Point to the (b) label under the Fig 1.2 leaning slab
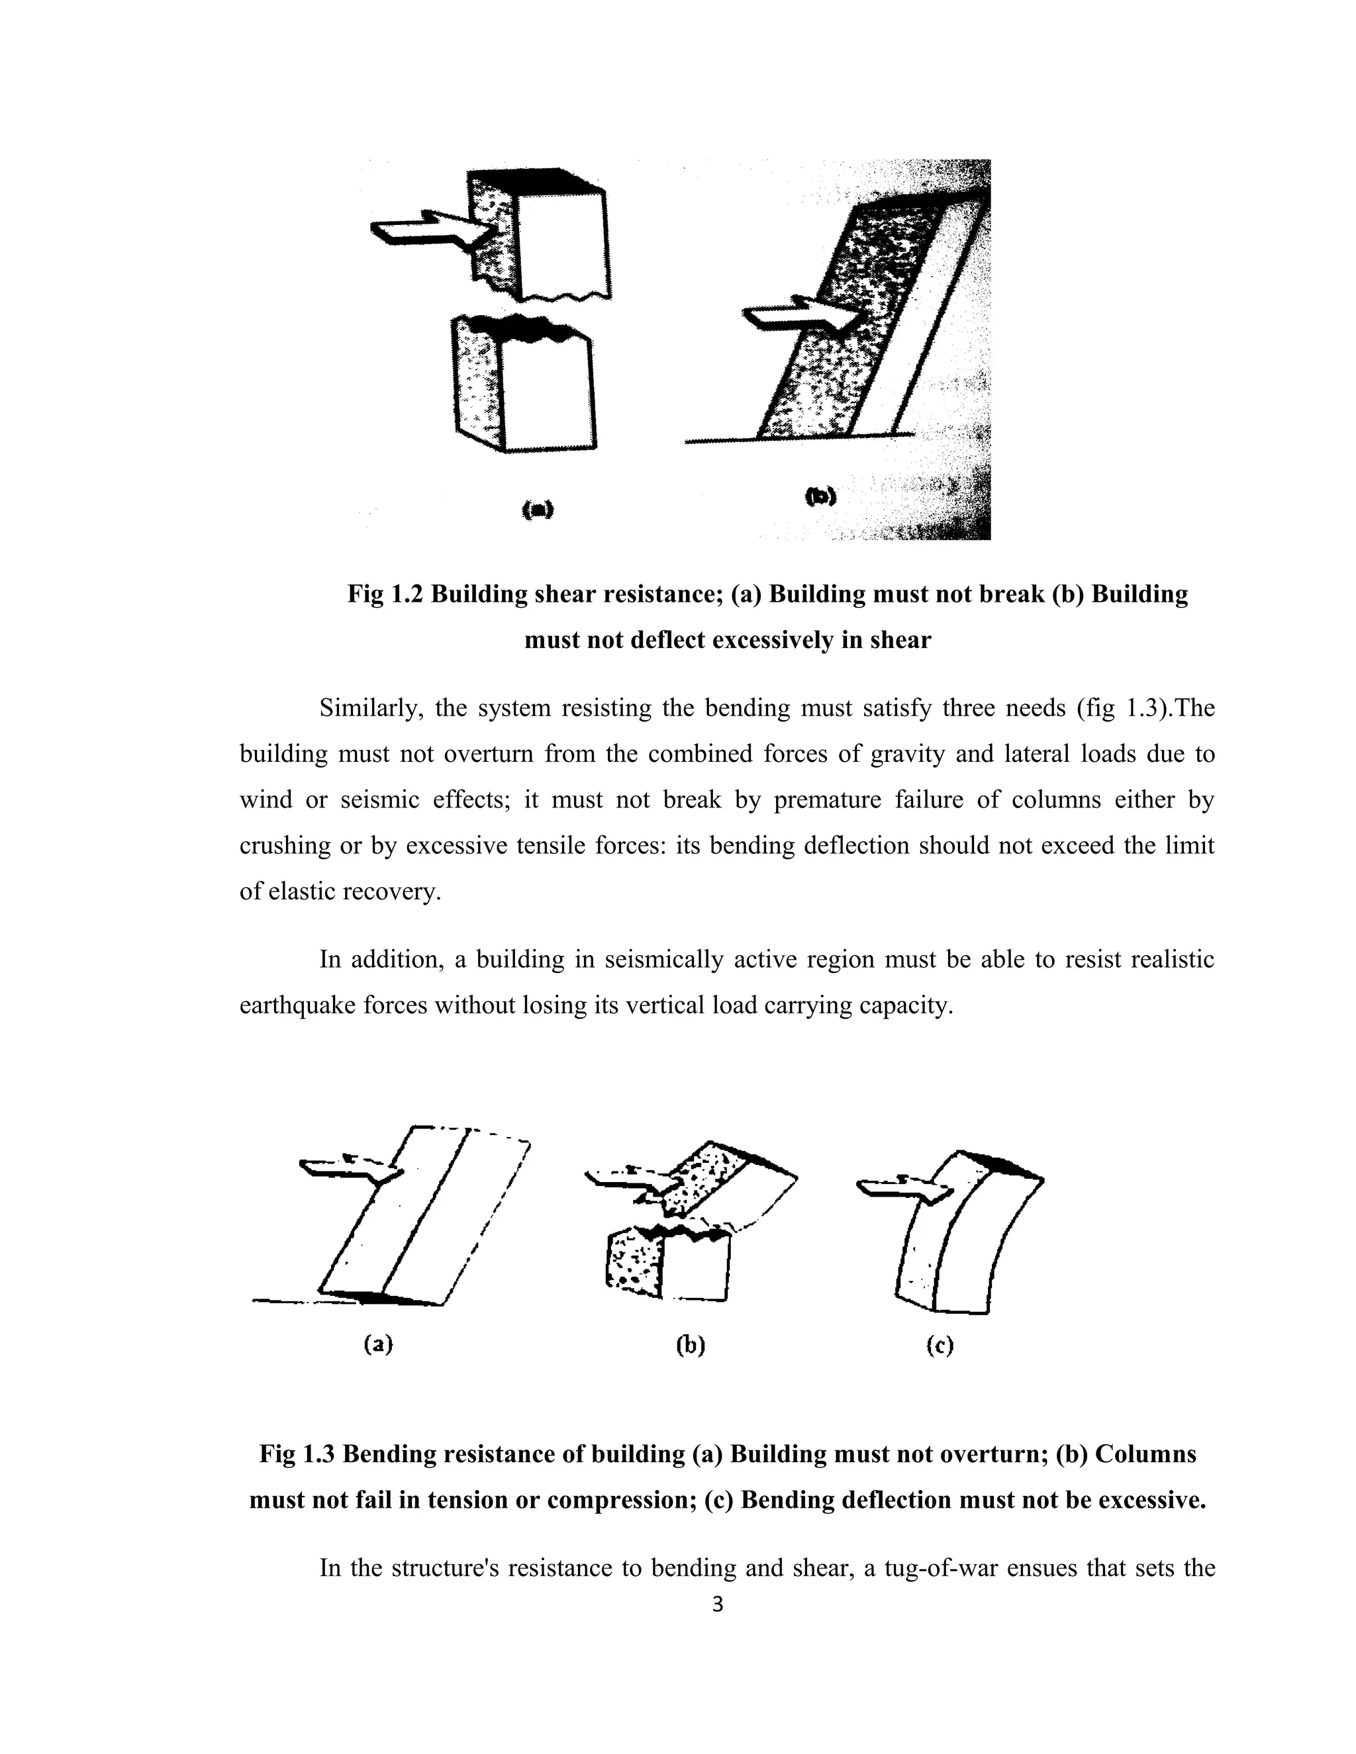click(x=820, y=497)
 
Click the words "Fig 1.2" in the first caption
click(x=385, y=594)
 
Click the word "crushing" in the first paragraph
click(x=284, y=846)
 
